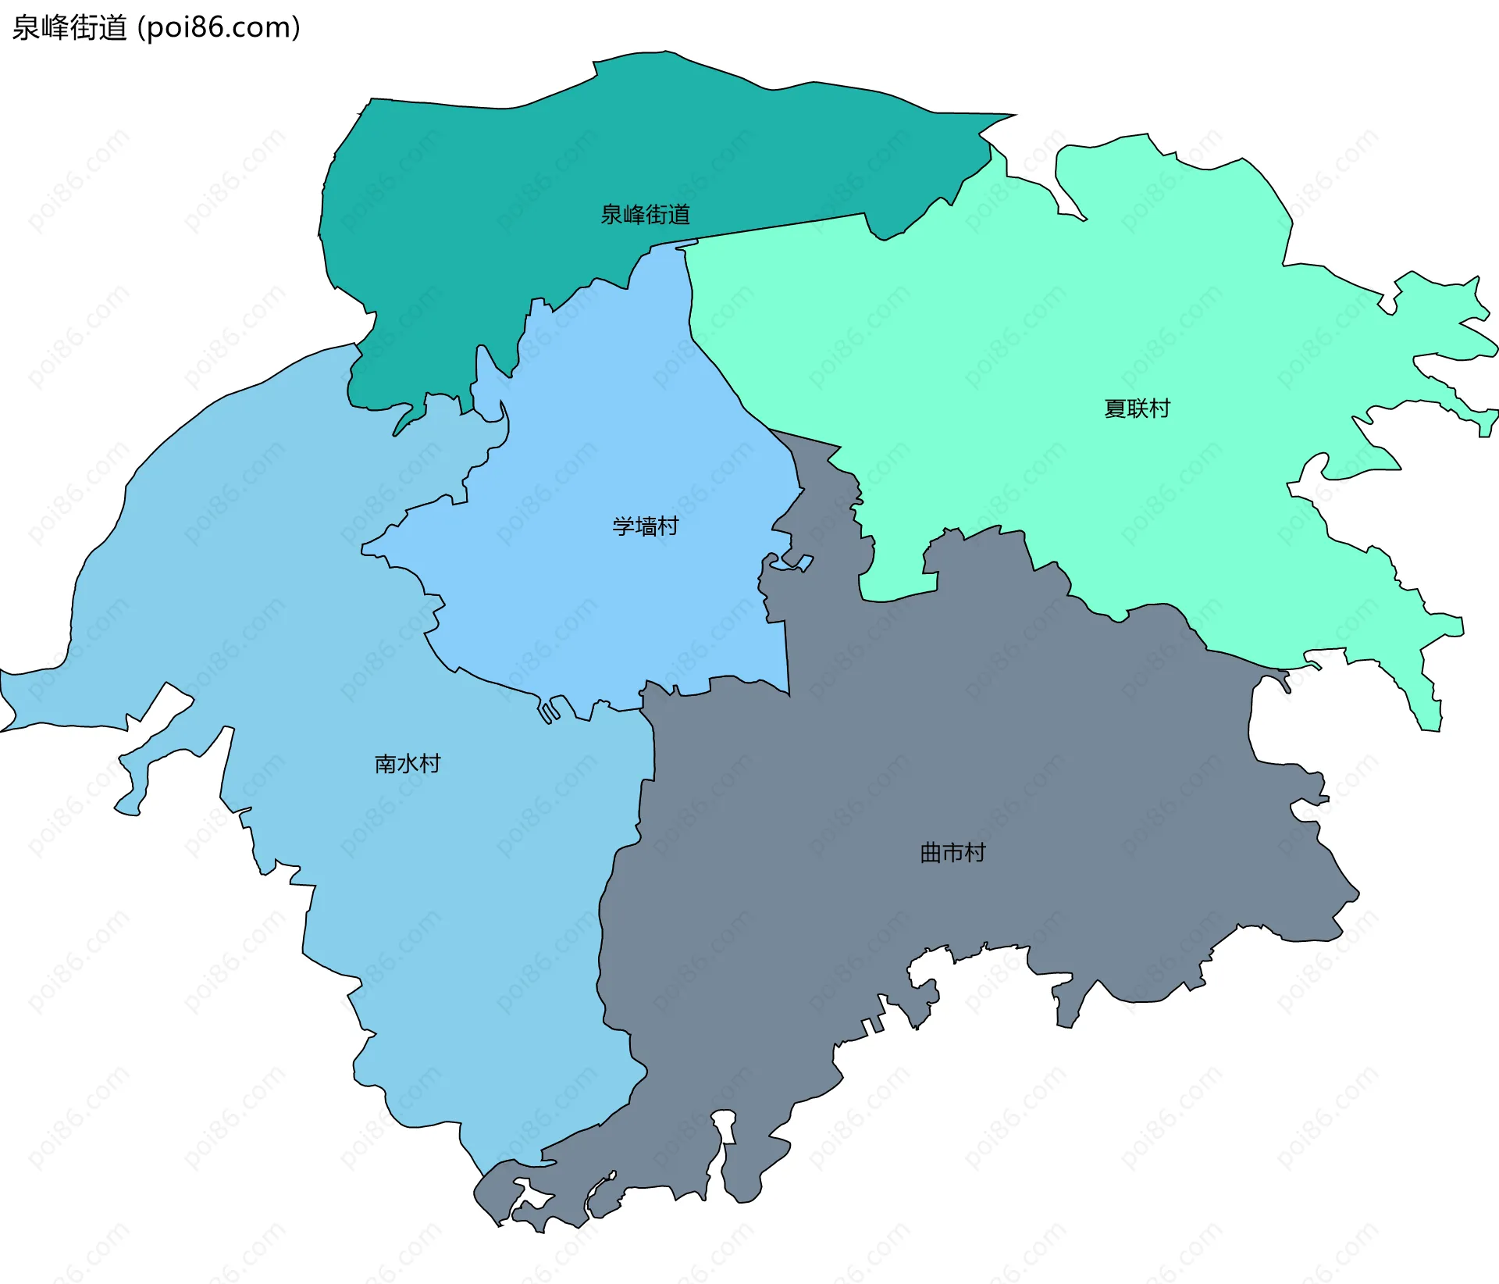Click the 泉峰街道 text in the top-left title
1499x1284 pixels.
tap(69, 28)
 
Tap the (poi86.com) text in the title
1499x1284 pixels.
tap(219, 28)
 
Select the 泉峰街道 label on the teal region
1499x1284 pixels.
tap(645, 214)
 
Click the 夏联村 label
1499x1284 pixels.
tap(1137, 408)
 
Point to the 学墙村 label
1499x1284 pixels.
tap(645, 526)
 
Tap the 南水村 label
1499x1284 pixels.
tap(408, 763)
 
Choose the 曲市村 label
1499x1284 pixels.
tap(952, 852)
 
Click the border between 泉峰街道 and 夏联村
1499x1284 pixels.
tap(781, 226)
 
